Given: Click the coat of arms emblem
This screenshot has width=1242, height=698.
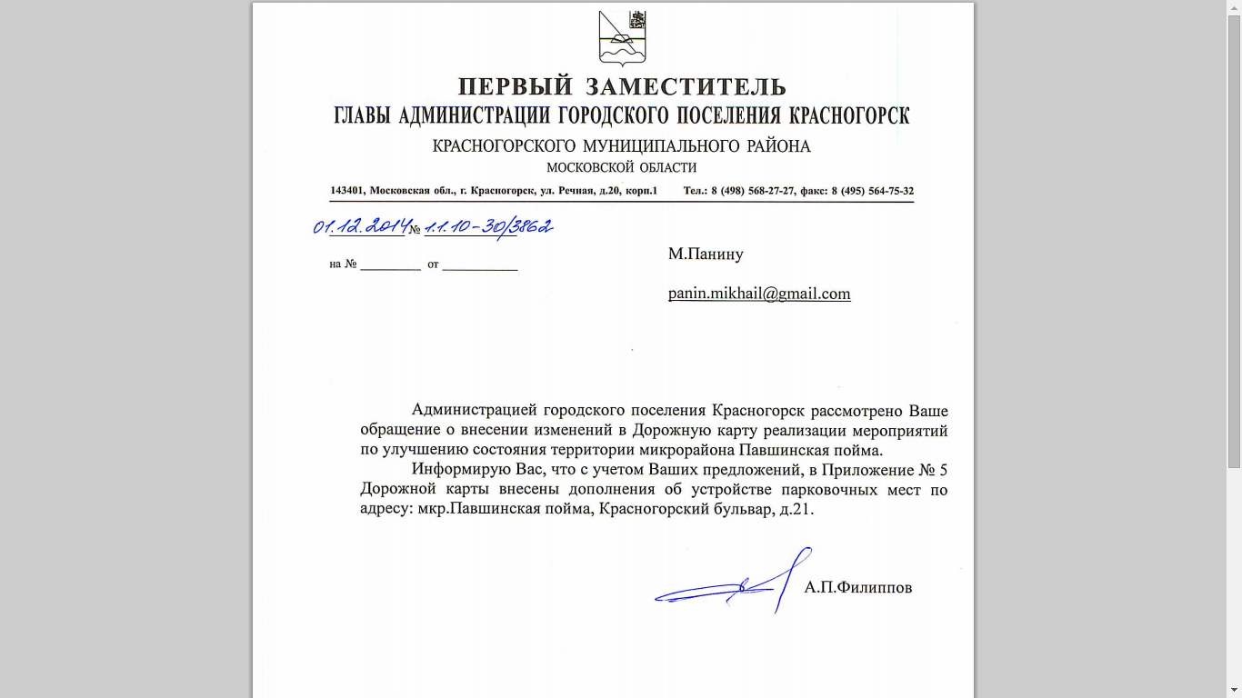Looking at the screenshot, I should point(622,37).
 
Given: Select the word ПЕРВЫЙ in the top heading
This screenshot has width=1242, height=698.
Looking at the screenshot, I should point(516,87).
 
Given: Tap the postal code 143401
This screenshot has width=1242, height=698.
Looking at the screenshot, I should point(347,191).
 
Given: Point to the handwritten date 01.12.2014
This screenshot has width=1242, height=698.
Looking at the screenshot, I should point(359,226).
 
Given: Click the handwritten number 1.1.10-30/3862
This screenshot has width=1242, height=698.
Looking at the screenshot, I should point(488,226).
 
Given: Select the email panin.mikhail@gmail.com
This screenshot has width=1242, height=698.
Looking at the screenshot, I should point(759,294).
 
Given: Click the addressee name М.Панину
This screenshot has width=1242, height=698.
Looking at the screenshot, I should point(706,254).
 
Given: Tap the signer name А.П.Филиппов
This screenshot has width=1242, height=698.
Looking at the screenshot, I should point(857,588).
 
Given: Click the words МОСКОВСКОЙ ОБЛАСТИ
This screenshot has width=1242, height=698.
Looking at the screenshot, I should point(621,168).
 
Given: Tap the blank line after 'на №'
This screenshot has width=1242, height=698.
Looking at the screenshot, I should point(390,265).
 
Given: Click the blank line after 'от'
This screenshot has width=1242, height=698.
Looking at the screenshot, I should point(479,265).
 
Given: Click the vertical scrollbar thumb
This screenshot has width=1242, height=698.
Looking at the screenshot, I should point(1234,236).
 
